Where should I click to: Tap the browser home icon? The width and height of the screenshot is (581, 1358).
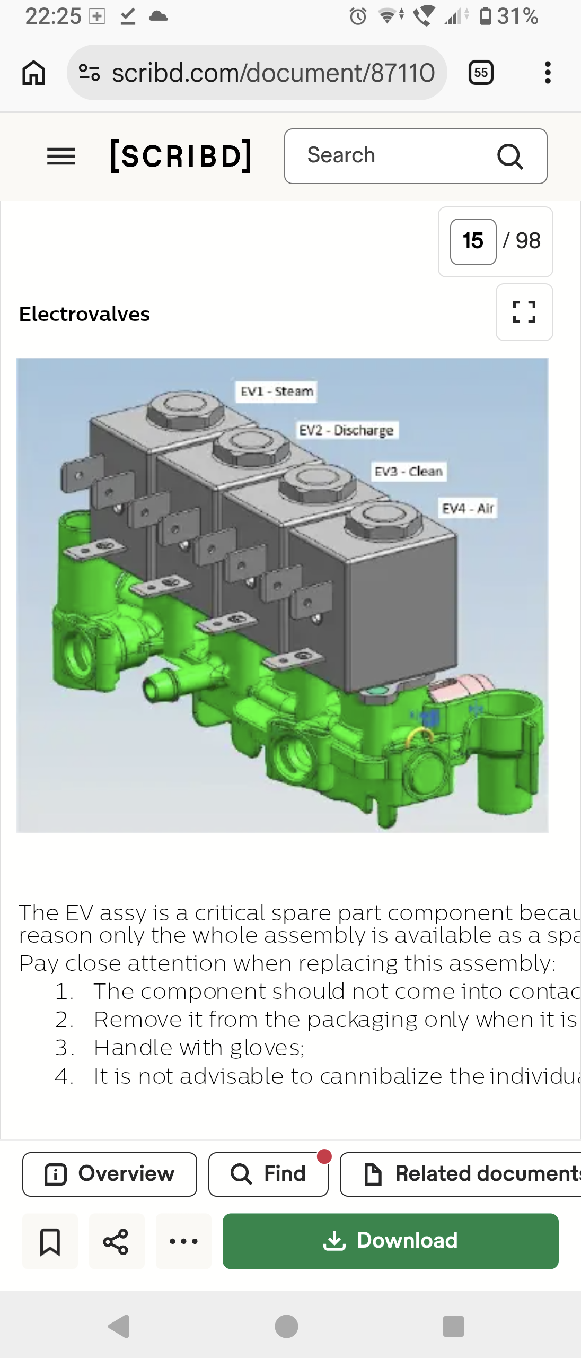click(33, 72)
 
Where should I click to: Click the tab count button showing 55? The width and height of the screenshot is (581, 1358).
click(481, 72)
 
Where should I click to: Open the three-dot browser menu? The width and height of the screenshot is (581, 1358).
click(548, 72)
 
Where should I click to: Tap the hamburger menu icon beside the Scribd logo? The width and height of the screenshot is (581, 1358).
click(61, 156)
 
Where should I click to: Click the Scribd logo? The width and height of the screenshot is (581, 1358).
click(181, 155)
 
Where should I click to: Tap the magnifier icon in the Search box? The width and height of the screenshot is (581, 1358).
click(510, 156)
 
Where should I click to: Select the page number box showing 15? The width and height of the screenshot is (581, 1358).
click(473, 241)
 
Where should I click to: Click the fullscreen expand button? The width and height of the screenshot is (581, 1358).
click(524, 312)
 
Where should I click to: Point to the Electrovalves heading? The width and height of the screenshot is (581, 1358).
click(84, 314)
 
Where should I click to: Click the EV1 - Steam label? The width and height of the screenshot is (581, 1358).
click(276, 391)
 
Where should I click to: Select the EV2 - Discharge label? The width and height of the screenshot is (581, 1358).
click(346, 430)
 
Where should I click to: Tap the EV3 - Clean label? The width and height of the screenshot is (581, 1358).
click(409, 471)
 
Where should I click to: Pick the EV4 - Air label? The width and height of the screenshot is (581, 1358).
click(468, 508)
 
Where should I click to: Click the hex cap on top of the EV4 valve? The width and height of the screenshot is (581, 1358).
click(383, 520)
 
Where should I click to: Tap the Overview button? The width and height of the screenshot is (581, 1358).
click(110, 1174)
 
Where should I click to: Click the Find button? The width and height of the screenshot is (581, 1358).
click(268, 1174)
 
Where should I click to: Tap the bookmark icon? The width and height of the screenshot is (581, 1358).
click(50, 1241)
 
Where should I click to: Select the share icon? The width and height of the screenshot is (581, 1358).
click(116, 1241)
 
